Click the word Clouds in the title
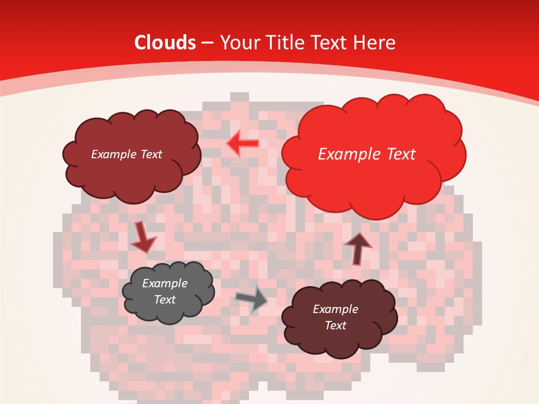tap(165, 43)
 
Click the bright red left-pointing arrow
tap(243, 144)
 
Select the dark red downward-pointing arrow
tap(143, 237)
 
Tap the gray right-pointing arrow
tap(252, 299)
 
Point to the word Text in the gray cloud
tap(165, 300)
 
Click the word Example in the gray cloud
tap(165, 283)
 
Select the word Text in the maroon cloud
tap(336, 325)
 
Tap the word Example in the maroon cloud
tap(336, 309)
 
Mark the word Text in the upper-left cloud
tap(150, 154)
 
